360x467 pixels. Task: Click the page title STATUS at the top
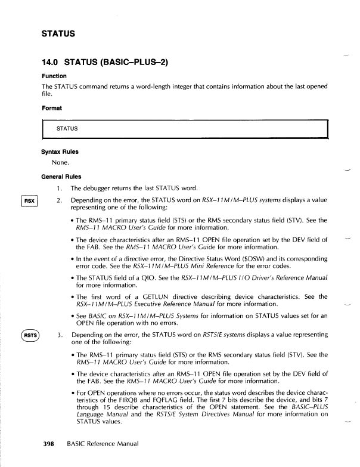pyautogui.click(x=58, y=33)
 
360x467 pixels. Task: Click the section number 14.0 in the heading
pyautogui.click(x=52, y=61)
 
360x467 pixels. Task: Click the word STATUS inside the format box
pyautogui.click(x=67, y=128)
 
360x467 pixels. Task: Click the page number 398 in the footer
pyautogui.click(x=49, y=444)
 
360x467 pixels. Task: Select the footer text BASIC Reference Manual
pyautogui.click(x=102, y=444)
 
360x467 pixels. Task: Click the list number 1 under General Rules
pyautogui.click(x=61, y=188)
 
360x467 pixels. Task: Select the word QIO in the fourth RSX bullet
pyautogui.click(x=145, y=277)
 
